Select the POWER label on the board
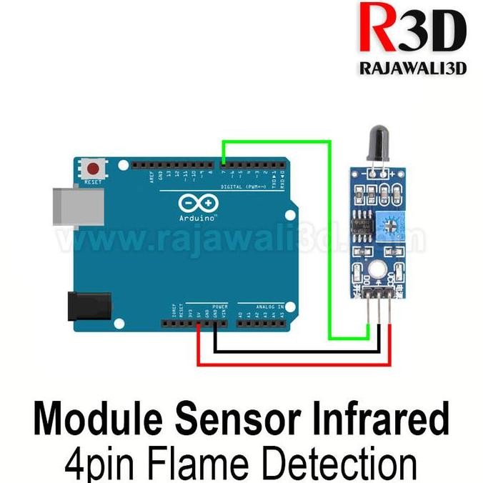click(x=219, y=307)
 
